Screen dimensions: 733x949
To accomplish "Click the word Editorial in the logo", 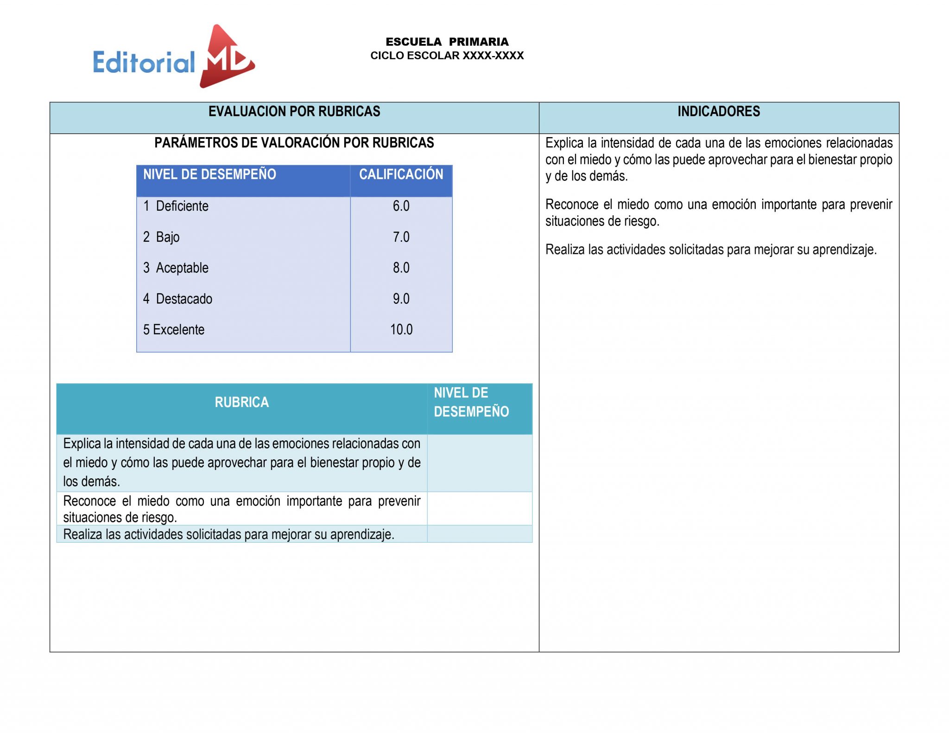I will [144, 63].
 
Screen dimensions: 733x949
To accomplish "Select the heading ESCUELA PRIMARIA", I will [447, 42].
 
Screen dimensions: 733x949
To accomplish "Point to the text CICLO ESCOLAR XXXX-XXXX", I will [447, 56].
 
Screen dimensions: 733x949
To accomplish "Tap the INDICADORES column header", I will [718, 112].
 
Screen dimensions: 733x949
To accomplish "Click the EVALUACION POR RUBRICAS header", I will [294, 112].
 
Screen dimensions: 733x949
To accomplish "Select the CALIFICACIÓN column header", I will [401, 175].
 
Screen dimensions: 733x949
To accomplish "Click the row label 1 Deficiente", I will [176, 206].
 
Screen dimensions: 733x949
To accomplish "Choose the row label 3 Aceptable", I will [176, 268].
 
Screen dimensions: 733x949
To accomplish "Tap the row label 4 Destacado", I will [178, 299].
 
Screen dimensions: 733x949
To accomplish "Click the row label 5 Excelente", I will [174, 330].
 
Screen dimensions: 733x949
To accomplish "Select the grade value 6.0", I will [401, 206].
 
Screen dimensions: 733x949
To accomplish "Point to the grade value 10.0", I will [401, 330].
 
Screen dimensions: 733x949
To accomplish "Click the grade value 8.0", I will [401, 268].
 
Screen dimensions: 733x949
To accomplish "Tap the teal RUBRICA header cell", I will [241, 402].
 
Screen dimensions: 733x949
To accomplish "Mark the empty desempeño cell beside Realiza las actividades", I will [479, 534].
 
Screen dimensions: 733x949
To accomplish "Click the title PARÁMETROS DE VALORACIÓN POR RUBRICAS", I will [294, 143].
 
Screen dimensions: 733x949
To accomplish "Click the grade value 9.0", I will [401, 299].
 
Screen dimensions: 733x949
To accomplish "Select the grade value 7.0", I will [401, 237].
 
